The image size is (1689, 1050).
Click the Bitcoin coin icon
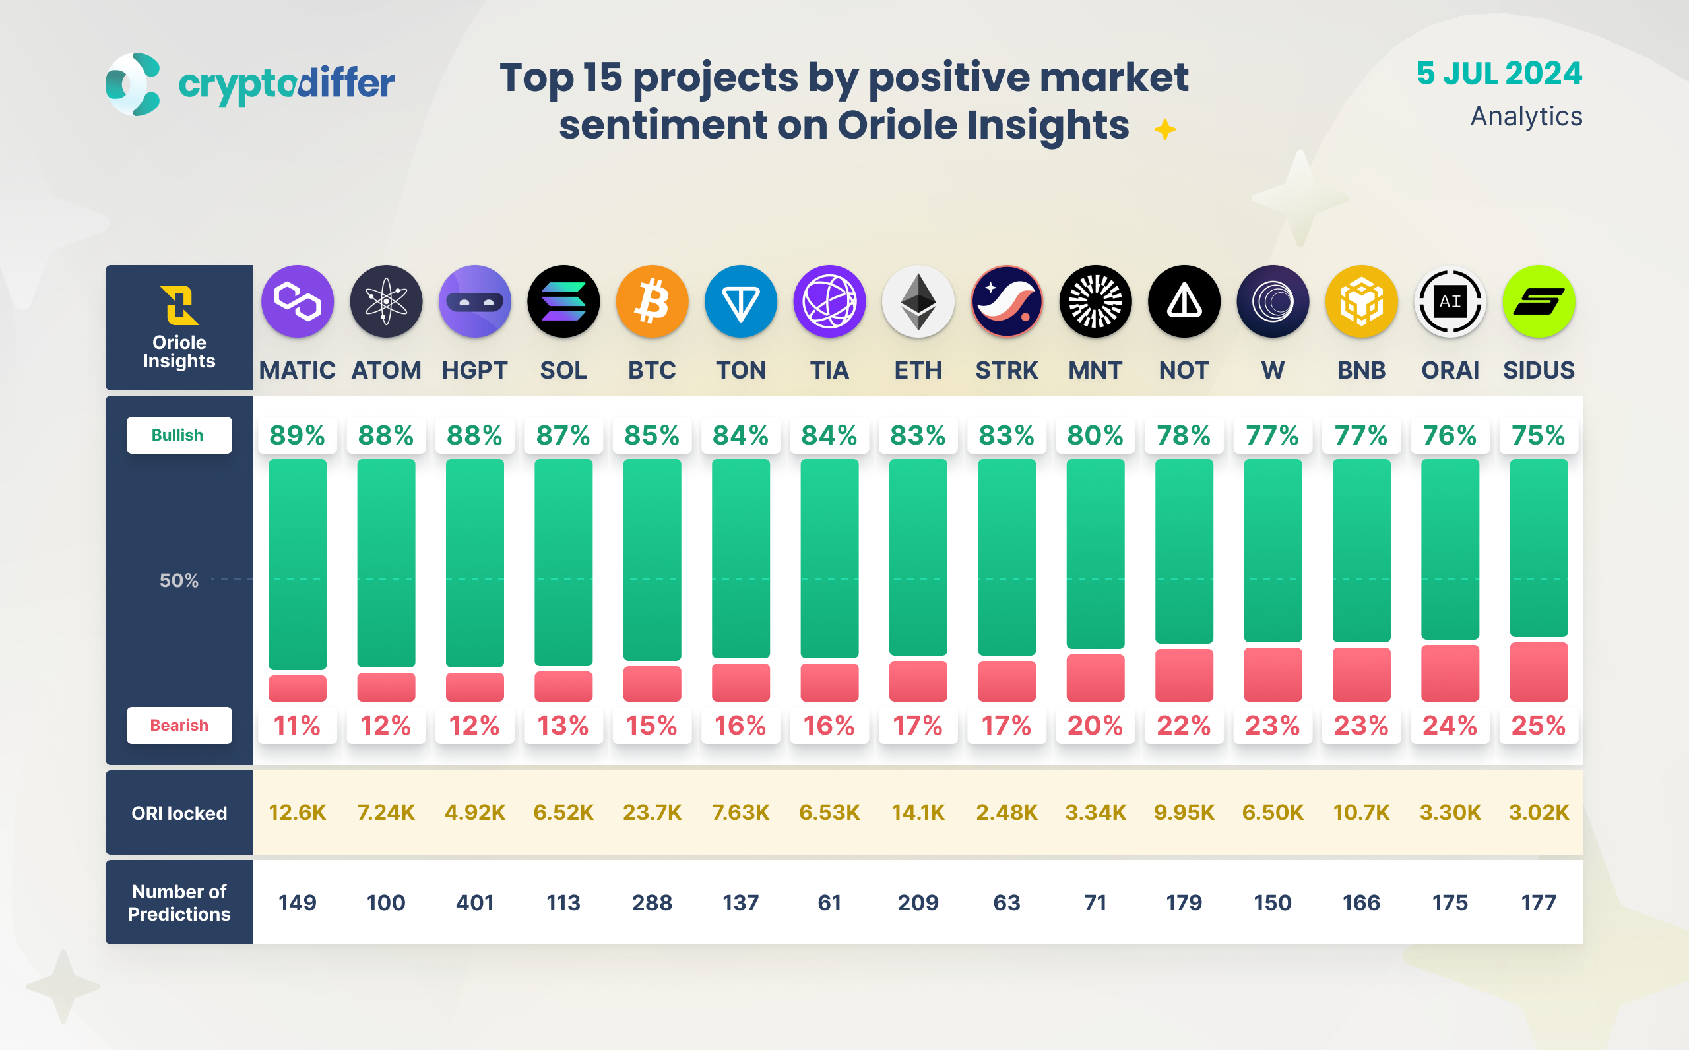[x=652, y=301]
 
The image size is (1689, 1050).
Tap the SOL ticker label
[x=563, y=370]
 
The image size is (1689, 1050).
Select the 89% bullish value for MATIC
[x=298, y=435]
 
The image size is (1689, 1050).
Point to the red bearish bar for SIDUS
[x=1539, y=671]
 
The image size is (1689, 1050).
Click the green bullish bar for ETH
[x=918, y=557]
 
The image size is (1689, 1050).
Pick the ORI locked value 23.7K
[x=652, y=812]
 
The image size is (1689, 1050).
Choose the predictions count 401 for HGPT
[x=475, y=902]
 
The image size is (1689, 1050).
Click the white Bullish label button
[x=179, y=435]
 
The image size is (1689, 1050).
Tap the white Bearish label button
[x=179, y=725]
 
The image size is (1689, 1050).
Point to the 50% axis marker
[x=179, y=580]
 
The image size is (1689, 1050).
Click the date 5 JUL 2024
[x=1499, y=74]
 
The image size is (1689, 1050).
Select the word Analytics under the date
[x=1526, y=116]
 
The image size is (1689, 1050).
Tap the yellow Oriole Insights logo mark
[x=179, y=305]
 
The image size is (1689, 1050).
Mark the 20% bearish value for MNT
[x=1095, y=726]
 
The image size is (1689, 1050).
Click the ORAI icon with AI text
[x=1450, y=301]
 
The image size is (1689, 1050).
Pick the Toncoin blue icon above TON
[x=741, y=301]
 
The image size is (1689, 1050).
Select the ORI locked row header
[x=179, y=813]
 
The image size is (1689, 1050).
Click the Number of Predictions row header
[x=179, y=902]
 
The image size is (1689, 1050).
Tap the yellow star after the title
[x=1164, y=129]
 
